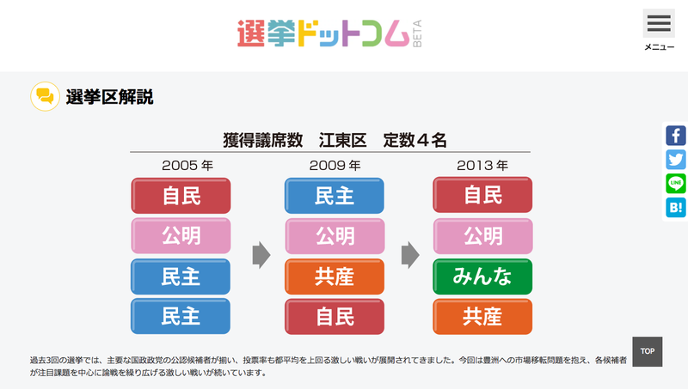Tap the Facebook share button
point(675,136)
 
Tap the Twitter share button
point(675,160)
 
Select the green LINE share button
point(675,183)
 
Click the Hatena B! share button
point(675,207)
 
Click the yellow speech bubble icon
point(45,96)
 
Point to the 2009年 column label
point(335,165)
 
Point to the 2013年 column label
point(482,165)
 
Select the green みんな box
point(482,277)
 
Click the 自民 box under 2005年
point(181,195)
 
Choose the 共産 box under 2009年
point(335,277)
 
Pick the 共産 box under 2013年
point(482,317)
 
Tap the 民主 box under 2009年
point(335,195)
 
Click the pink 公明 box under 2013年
point(482,235)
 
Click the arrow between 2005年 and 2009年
point(261,255)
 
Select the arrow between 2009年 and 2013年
point(410,255)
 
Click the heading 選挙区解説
point(110,97)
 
